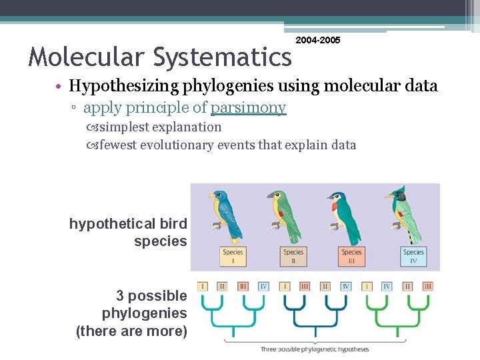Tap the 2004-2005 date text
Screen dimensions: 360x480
318,41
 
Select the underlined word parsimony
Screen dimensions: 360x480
248,107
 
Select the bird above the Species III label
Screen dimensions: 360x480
344,213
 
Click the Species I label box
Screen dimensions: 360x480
233,257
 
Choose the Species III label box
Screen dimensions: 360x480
351,257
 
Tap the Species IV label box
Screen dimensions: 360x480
413,257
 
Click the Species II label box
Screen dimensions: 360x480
293,257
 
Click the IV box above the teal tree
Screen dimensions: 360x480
263,286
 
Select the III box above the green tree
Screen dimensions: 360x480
428,286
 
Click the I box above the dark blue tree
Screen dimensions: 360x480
285,286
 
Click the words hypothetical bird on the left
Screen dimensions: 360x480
128,224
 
